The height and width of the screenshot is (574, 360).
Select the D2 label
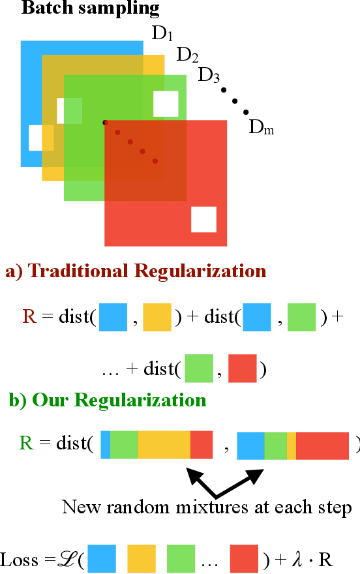coord(187,55)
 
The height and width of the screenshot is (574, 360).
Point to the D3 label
coord(209,74)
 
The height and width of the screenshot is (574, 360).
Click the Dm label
coord(261,128)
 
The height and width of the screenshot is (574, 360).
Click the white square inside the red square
coord(203,219)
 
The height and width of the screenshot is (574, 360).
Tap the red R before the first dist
coord(29,317)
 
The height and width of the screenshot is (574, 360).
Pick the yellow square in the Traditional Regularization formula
coord(157,317)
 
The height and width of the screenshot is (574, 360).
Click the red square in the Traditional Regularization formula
coord(243,369)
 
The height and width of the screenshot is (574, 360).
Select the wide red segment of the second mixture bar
coord(322,447)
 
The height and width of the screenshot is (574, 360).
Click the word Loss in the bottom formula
coord(20,559)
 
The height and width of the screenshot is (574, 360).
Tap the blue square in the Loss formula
coord(102,559)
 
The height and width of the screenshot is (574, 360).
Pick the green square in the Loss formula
coord(181,559)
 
